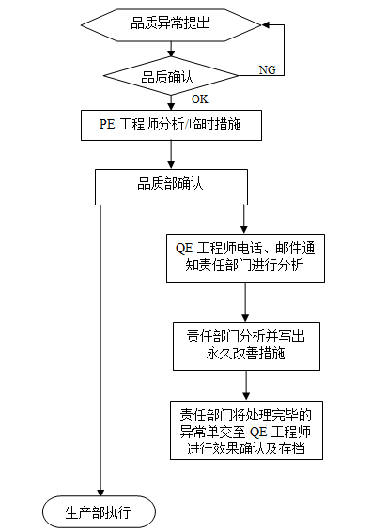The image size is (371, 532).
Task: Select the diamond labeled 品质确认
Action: coord(170,76)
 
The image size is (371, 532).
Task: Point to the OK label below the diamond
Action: coord(199,99)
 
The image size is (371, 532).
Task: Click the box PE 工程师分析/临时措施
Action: coord(170,123)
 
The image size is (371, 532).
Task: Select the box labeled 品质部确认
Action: coord(170,185)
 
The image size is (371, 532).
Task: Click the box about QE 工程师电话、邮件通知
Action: coord(244,258)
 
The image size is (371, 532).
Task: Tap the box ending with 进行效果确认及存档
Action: coord(244,431)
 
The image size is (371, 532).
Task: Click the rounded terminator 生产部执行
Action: coord(99,511)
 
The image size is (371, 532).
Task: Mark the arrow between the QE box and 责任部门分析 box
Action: coord(244,303)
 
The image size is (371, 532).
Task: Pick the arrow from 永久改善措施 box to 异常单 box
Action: coord(244,387)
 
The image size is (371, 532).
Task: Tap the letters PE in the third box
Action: coord(108,123)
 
